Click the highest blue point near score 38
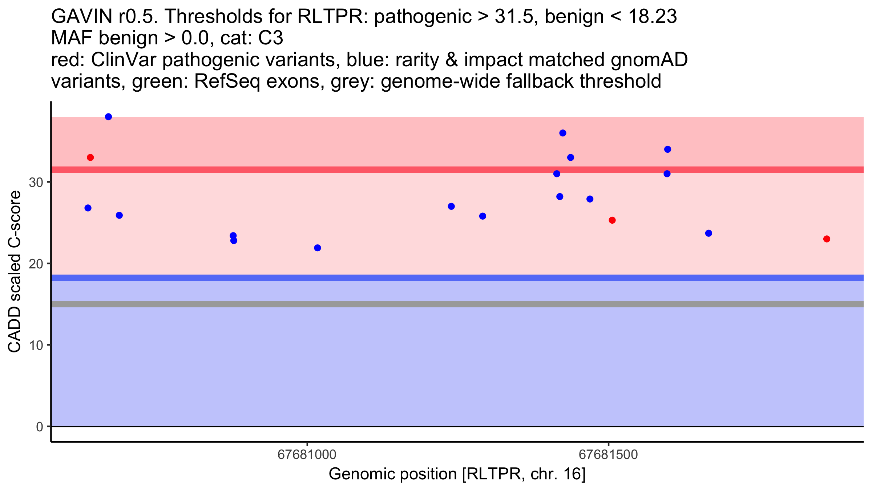(x=108, y=117)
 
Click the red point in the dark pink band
(x=90, y=157)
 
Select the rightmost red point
(x=827, y=239)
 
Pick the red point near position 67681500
(x=612, y=220)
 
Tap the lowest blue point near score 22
(x=318, y=248)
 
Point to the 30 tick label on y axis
(x=36, y=183)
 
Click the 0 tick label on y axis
(x=40, y=427)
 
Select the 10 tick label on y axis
(x=36, y=346)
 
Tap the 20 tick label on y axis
(x=36, y=264)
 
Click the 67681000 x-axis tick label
(x=307, y=455)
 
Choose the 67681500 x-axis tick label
(x=609, y=455)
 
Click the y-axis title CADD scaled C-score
(x=15, y=272)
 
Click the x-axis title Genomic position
(x=457, y=474)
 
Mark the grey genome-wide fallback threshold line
(x=457, y=304)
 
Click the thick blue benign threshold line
(x=457, y=278)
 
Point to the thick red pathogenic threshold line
(x=457, y=169)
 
